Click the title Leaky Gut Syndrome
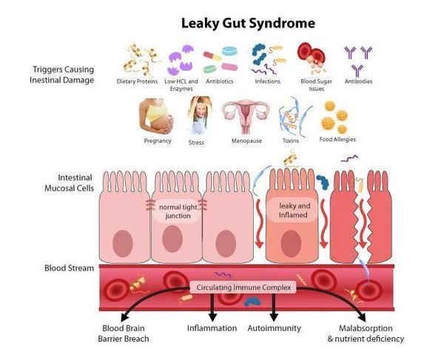tap(248, 23)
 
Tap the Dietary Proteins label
tap(137, 81)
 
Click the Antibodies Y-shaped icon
tap(358, 59)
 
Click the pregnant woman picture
tap(158, 115)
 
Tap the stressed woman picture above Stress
tap(197, 115)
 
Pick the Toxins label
tap(291, 140)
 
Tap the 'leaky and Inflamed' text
tap(292, 210)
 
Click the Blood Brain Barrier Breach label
tap(125, 333)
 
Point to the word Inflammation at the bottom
tap(212, 328)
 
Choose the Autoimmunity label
tap(275, 328)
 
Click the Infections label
tap(267, 81)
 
